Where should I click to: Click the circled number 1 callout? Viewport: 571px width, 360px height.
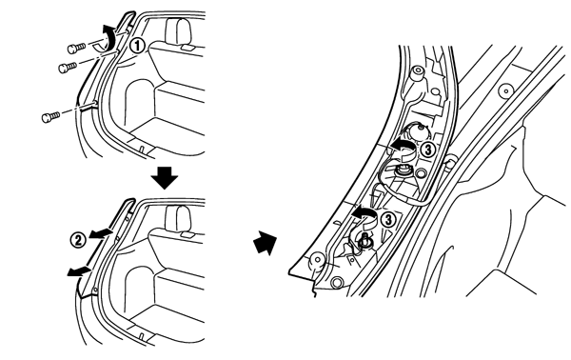point(138,46)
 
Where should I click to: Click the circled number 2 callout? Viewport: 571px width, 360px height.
point(78,241)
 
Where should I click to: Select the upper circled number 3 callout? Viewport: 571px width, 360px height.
point(427,150)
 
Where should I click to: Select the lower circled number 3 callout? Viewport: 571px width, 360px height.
point(388,220)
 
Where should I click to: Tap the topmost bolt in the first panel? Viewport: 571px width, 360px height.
point(76,48)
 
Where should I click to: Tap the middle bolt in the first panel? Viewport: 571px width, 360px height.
point(68,68)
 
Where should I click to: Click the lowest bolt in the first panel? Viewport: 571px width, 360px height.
point(50,117)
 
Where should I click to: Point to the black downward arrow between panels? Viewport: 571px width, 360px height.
point(165,177)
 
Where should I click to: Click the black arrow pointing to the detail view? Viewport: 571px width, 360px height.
point(266,242)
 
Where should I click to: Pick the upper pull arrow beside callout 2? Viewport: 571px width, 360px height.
point(101,233)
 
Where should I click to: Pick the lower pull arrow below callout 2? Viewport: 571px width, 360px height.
point(79,271)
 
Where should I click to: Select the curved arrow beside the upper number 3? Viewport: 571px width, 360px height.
point(404,148)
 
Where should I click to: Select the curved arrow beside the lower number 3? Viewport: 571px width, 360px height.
point(365,216)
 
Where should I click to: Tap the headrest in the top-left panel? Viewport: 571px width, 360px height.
point(179,31)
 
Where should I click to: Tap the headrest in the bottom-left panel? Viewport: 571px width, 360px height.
point(179,219)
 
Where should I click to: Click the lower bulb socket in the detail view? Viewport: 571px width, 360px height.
point(364,242)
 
